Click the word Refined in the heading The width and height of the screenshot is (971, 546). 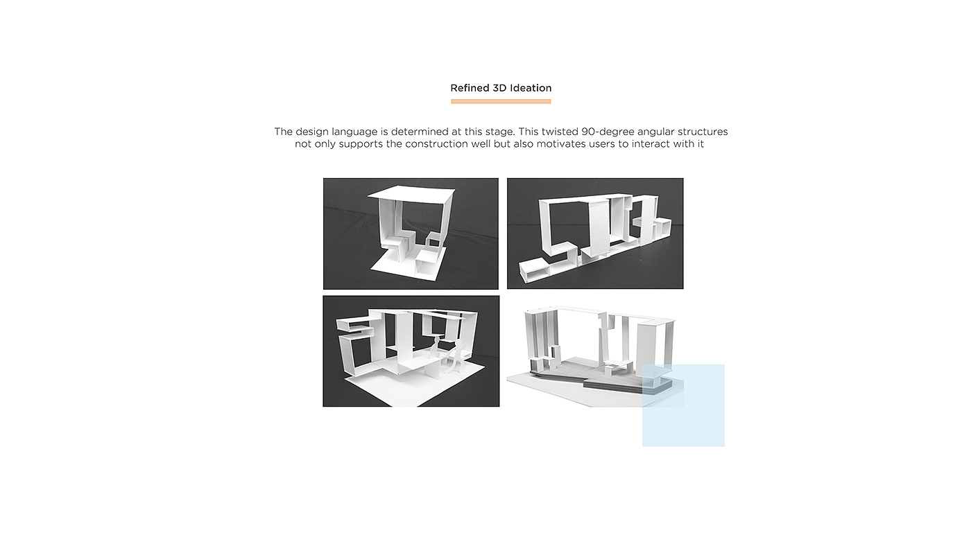click(470, 88)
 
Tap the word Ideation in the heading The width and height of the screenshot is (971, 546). click(531, 88)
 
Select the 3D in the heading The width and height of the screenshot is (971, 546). click(499, 88)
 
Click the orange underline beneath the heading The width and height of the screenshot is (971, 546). click(501, 101)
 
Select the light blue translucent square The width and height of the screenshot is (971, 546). click(683, 405)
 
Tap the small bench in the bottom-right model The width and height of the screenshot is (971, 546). click(617, 367)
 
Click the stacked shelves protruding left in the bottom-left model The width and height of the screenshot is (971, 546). click(355, 327)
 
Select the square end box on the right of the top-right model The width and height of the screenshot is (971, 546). click(662, 229)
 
